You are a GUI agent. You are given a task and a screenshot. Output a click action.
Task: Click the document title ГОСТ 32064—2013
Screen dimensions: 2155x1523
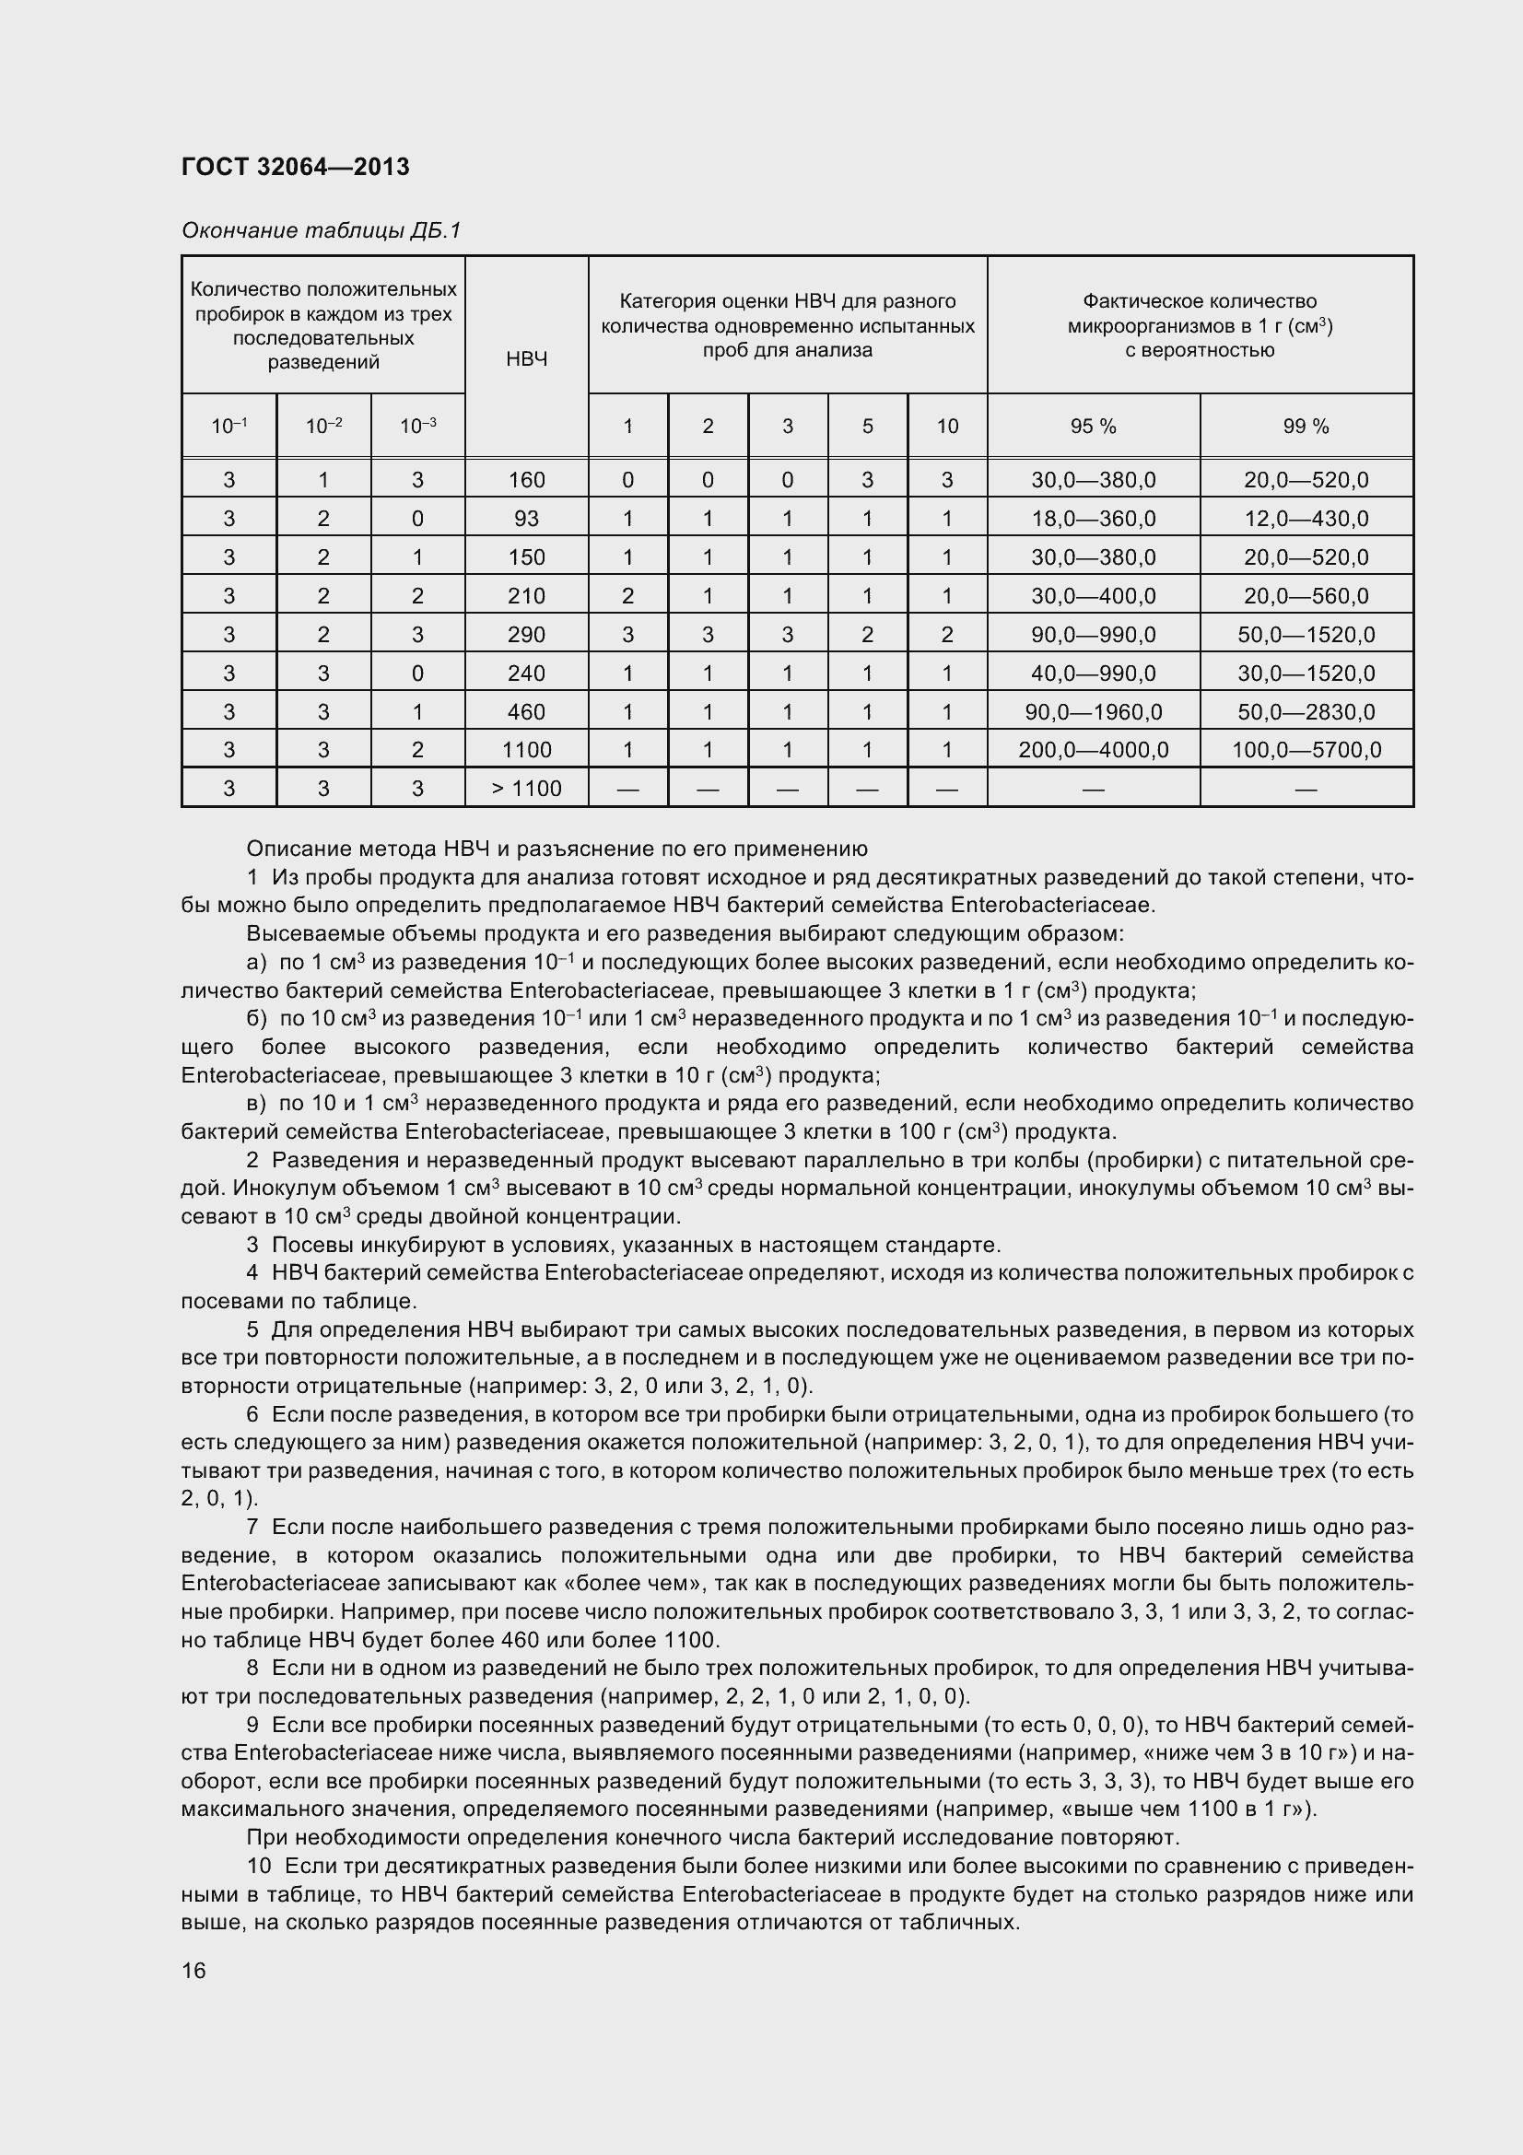click(x=295, y=167)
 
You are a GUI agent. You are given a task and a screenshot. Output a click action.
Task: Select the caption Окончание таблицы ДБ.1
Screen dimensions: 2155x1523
click(x=321, y=231)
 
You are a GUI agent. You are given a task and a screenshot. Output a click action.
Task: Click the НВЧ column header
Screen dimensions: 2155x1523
click(x=526, y=358)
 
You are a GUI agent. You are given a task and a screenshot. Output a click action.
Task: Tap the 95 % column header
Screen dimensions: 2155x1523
click(x=1094, y=427)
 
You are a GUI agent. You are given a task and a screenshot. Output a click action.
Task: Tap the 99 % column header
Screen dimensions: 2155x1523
click(x=1306, y=427)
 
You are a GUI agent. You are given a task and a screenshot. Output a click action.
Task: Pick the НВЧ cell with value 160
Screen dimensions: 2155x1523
click(x=526, y=481)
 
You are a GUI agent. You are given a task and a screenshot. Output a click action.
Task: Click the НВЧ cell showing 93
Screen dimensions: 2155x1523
click(x=526, y=519)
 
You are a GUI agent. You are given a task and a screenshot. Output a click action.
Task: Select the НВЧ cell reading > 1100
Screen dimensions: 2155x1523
click(x=526, y=789)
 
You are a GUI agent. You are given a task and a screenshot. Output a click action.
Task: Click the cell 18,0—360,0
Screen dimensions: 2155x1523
click(x=1094, y=519)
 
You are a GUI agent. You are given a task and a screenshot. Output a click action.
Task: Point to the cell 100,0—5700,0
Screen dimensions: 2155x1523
click(x=1306, y=750)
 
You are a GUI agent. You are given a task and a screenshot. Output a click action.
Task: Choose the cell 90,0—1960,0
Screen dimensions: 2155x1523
click(x=1094, y=711)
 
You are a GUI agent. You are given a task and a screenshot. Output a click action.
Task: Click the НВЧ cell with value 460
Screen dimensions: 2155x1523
click(x=526, y=711)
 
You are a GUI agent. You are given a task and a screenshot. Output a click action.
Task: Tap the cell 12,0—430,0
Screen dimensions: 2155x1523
click(x=1306, y=519)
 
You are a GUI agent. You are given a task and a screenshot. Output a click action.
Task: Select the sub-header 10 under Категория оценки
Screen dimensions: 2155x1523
click(x=947, y=427)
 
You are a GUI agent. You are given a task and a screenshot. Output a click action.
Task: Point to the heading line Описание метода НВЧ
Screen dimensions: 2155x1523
click(x=556, y=849)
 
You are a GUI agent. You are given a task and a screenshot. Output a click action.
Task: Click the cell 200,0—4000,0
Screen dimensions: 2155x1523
click(x=1094, y=750)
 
